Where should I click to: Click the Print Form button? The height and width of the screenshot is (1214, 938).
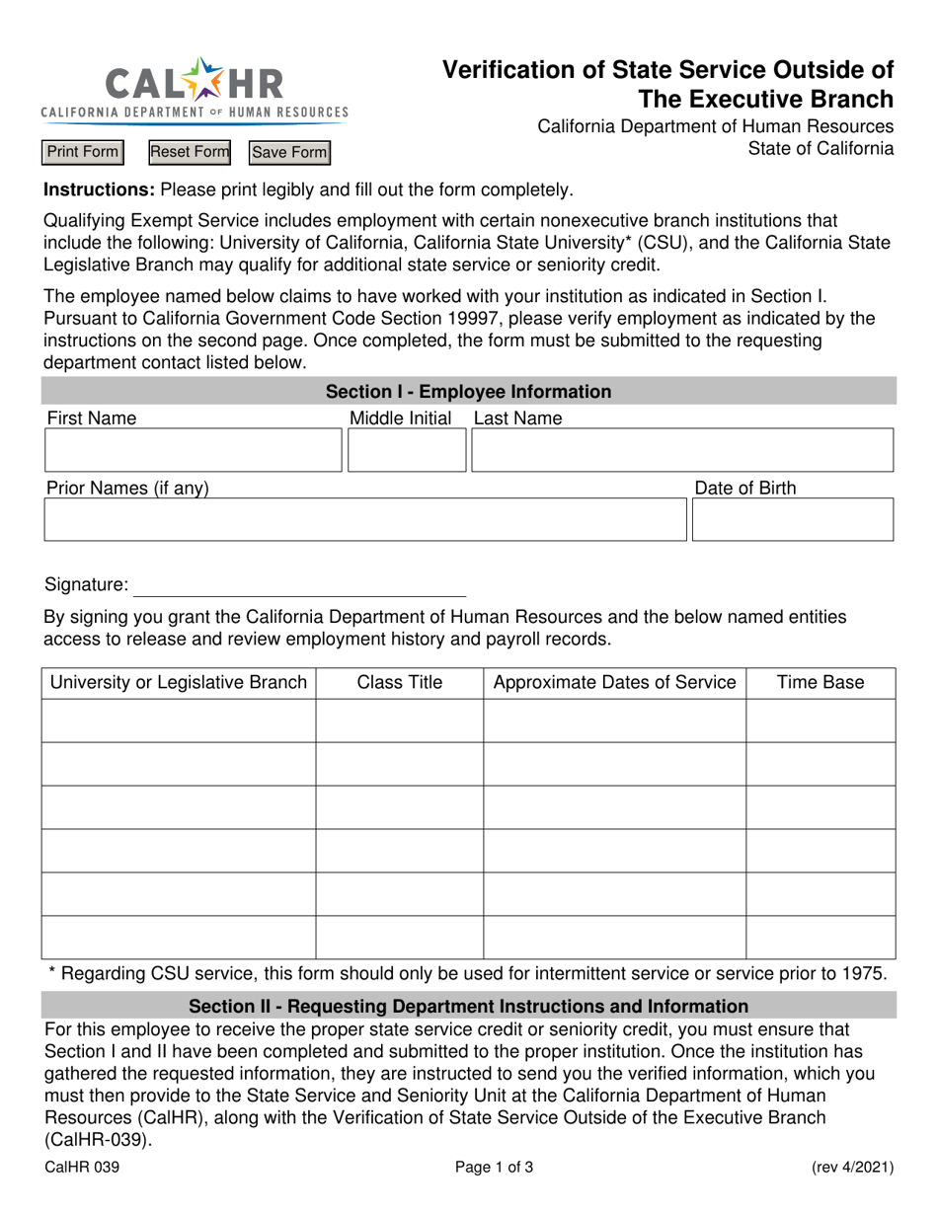click(83, 152)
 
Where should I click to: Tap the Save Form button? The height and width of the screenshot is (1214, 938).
click(289, 152)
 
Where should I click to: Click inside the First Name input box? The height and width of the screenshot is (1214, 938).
click(193, 450)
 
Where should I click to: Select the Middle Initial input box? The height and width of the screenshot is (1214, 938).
click(406, 450)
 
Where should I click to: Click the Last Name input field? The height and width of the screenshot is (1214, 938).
click(682, 450)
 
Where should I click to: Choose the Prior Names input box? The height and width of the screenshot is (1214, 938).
click(364, 519)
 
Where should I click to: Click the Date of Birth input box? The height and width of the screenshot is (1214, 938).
click(792, 519)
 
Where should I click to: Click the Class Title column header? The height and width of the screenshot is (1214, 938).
click(399, 683)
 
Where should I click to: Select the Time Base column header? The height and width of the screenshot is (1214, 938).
click(820, 683)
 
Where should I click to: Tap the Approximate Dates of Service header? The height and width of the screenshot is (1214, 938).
click(614, 683)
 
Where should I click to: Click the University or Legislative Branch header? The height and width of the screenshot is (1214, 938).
click(179, 683)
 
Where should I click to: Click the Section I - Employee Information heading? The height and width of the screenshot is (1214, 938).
click(469, 392)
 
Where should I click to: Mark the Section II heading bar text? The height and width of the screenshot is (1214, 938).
click(469, 1007)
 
